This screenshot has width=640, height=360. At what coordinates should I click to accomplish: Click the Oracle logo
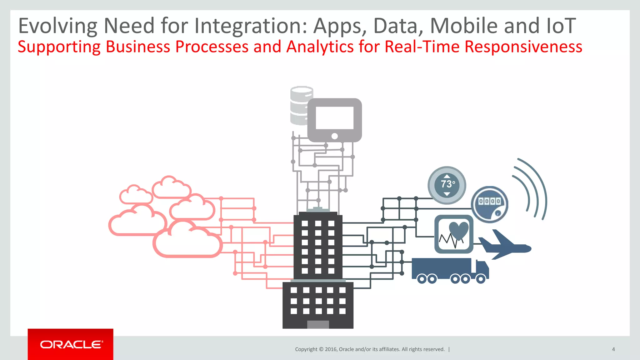[x=71, y=344]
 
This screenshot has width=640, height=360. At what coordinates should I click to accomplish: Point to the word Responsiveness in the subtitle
[x=523, y=47]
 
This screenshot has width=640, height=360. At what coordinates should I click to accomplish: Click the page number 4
[x=613, y=349]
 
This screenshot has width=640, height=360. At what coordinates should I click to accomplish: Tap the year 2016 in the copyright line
[x=331, y=349]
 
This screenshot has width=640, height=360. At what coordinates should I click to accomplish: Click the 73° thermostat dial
[x=447, y=185]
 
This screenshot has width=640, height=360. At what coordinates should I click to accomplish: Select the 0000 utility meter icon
[x=489, y=204]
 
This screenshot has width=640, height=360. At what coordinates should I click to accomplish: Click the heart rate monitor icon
[x=454, y=234]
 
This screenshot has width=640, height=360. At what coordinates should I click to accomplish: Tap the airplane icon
[x=504, y=246]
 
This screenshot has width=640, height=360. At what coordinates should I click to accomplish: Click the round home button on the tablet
[x=334, y=136]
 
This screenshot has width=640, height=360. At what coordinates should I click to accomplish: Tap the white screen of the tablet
[x=334, y=118]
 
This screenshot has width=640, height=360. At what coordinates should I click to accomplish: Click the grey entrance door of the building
[x=318, y=324]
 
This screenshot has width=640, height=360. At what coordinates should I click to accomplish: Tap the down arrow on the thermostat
[x=447, y=194]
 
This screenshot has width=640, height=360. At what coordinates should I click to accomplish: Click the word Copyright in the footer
[x=306, y=349]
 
